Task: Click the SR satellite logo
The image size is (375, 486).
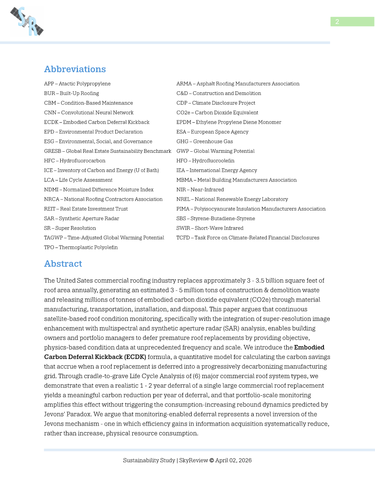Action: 27,21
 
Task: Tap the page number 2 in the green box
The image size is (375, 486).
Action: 337,22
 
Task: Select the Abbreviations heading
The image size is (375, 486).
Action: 75,69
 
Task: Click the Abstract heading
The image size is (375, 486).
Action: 63,264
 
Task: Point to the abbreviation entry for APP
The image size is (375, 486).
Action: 77,84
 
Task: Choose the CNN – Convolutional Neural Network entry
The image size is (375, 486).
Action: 89,113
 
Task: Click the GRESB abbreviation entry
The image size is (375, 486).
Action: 107,151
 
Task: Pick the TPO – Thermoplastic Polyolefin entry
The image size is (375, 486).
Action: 81,247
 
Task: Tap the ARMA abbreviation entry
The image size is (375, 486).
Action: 238,84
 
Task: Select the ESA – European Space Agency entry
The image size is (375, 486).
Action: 212,132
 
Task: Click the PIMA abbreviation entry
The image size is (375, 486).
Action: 251,209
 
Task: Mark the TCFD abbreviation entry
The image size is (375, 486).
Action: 247,238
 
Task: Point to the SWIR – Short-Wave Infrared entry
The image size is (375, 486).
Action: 210,228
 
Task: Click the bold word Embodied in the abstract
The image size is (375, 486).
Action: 309,347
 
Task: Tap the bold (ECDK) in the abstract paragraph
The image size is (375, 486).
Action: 135,357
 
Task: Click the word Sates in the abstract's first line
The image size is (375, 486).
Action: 85,281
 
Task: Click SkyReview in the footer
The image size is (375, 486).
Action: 193,460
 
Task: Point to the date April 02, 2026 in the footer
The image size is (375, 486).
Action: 233,460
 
